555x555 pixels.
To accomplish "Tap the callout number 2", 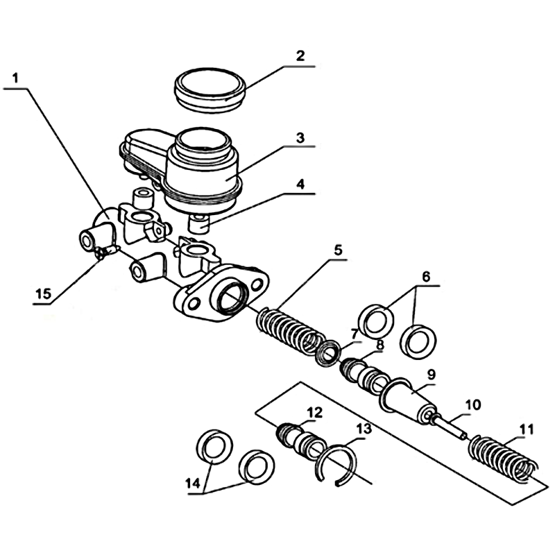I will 300,55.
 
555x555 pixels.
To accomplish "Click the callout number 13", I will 363,430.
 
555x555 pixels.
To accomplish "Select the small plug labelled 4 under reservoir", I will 201,223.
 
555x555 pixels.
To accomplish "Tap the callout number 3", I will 300,137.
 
